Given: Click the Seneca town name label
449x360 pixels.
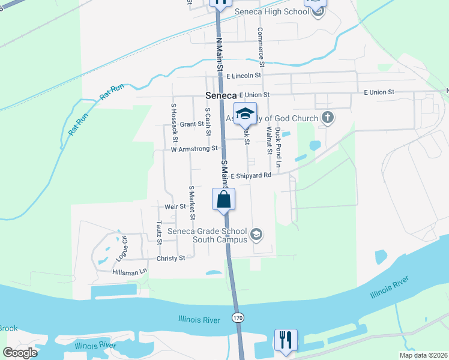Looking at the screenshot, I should tap(220, 95).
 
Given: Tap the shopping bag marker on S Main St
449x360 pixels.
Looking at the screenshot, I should tap(223, 199).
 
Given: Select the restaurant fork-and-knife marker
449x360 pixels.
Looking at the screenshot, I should tap(286, 340).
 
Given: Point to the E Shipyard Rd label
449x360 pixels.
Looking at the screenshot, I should tap(251, 176).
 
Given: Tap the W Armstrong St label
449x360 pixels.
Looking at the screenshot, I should tap(193, 149).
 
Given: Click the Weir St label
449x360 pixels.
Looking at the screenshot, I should tap(175, 206).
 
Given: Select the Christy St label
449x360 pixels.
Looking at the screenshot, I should tap(170, 258).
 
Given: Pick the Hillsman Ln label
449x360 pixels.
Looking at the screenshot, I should tap(129, 272).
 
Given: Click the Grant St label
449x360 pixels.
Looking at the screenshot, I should tap(192, 124).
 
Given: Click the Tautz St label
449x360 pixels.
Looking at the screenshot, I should tap(159, 232).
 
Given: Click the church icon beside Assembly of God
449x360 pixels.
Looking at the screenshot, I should tap(327, 117).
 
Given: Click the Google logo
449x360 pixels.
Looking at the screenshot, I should tap(20, 353).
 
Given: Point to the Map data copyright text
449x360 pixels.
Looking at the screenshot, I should tap(423, 355).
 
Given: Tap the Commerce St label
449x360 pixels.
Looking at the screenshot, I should tap(261, 46).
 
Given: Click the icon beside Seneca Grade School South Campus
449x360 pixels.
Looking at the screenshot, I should tap(256, 234).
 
